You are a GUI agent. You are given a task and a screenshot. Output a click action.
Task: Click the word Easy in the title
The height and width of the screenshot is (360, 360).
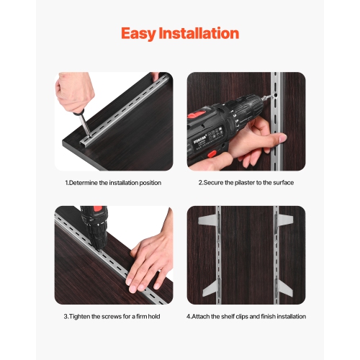141,33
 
